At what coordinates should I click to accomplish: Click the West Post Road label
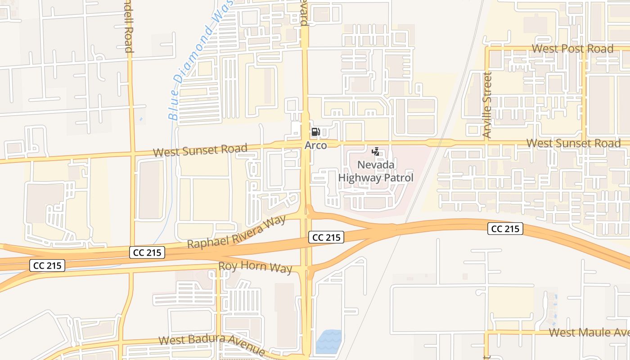tap(572, 49)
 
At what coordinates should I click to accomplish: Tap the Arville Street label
tap(487, 105)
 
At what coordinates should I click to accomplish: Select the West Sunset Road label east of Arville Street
tap(573, 144)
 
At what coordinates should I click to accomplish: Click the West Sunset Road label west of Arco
tap(200, 150)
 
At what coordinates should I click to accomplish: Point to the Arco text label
tap(315, 145)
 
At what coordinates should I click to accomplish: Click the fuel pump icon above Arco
tap(315, 132)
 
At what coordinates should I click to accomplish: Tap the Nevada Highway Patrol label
tap(376, 171)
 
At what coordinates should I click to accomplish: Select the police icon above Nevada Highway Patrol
tap(376, 152)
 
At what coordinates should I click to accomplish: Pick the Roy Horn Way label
tap(255, 267)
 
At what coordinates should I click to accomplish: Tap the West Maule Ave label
tap(589, 333)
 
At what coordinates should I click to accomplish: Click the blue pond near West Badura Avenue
tap(328, 342)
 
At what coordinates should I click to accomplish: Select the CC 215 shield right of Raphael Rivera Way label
tap(326, 237)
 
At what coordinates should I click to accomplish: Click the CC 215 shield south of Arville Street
tap(505, 229)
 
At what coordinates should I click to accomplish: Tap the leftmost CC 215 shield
tap(48, 265)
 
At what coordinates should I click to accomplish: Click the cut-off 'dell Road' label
tap(129, 26)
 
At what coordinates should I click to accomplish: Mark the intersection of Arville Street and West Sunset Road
tap(486, 143)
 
